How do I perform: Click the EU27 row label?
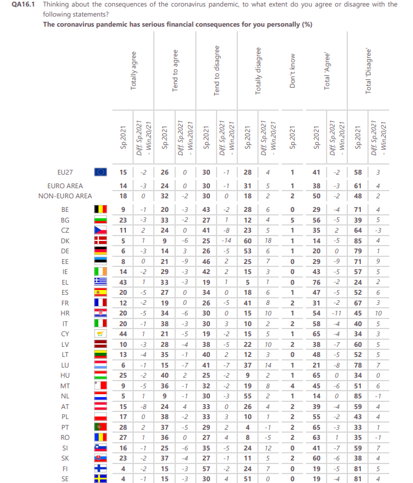65,172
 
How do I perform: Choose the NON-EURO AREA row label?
65,195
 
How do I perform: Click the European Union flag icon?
101,172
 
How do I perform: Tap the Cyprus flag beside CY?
101,334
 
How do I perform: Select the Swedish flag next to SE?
101,478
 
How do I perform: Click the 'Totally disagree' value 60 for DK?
247,241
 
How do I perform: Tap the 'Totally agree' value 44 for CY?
122,334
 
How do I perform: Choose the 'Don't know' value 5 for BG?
292,220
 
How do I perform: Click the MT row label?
65,385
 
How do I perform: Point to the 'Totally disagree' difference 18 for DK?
268,241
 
